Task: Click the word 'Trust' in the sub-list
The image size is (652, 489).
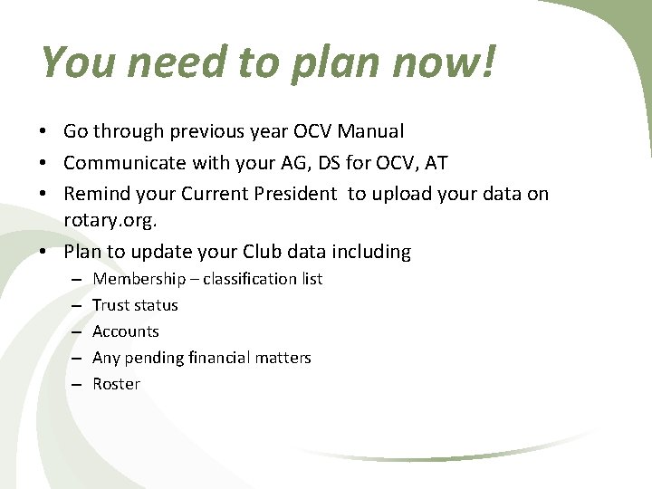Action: coord(110,305)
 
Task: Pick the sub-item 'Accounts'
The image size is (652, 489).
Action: coord(125,331)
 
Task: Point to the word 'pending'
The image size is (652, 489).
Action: coord(155,358)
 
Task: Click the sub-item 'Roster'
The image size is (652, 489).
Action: coord(116,384)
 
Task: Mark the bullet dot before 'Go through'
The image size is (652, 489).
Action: coord(43,132)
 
